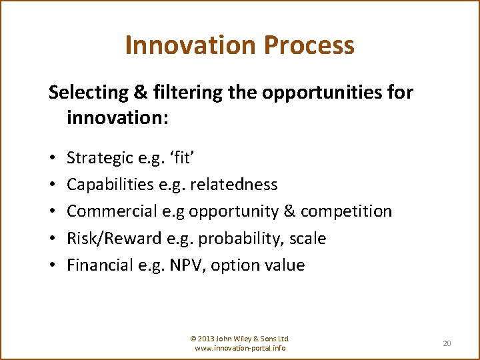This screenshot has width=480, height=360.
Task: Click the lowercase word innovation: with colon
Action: click(118, 119)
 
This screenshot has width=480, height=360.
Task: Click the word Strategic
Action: click(101, 159)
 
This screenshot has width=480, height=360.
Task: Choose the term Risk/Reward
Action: click(111, 238)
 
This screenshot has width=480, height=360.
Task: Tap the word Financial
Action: click(102, 265)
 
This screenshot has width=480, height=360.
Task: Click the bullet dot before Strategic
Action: click(52, 159)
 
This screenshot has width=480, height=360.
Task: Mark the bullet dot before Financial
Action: click(52, 265)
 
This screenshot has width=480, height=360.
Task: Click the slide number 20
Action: click(447, 343)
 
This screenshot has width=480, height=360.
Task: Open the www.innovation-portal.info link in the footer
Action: click(240, 348)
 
